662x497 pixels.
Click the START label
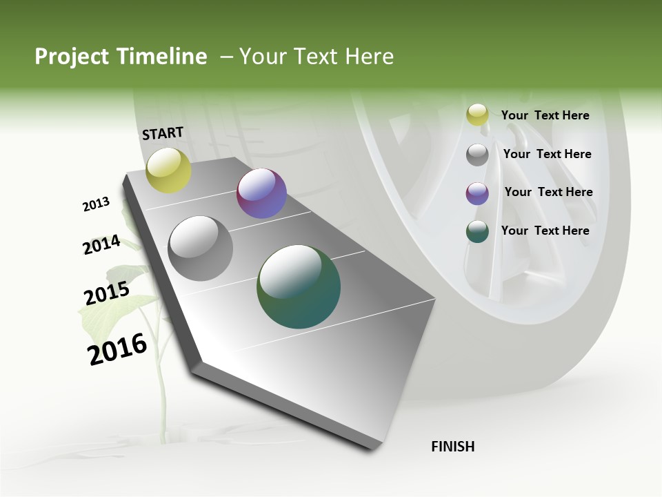click(x=163, y=133)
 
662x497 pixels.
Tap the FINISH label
click(x=453, y=447)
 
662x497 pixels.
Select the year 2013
click(x=97, y=204)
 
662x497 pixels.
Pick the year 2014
click(x=101, y=244)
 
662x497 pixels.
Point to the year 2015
click(x=107, y=293)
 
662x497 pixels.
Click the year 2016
click(x=117, y=349)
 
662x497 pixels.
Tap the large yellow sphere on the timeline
click(x=168, y=170)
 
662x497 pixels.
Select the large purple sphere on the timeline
click(x=261, y=194)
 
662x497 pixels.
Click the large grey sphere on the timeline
click(x=200, y=248)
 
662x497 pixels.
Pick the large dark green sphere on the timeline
click(x=298, y=286)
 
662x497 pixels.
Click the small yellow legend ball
click(x=477, y=115)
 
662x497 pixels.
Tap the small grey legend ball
click(x=477, y=155)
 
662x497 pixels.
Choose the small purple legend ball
click(x=477, y=193)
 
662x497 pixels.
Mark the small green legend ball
click(x=477, y=231)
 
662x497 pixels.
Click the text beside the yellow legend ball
click(x=545, y=115)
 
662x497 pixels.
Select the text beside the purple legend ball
click(x=548, y=192)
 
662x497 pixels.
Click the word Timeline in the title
click(x=162, y=57)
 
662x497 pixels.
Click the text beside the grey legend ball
click(x=547, y=154)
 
